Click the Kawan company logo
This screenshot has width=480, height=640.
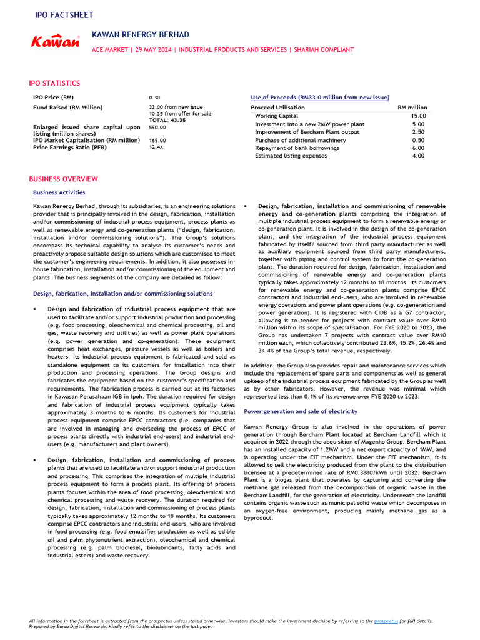coord(56,42)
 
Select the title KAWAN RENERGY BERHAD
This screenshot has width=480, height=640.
coord(140,34)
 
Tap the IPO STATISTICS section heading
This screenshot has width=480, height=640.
coord(54,82)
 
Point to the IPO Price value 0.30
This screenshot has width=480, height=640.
coord(154,98)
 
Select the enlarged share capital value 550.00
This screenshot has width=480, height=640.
coord(157,127)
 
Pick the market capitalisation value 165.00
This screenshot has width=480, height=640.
coord(157,141)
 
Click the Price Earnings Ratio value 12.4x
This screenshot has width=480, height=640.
coord(156,147)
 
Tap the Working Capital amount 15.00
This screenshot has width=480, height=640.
coord(419,116)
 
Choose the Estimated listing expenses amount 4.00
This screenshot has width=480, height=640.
coord(419,156)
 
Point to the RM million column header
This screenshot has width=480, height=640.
coord(412,107)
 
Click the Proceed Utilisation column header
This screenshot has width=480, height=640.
coord(277,107)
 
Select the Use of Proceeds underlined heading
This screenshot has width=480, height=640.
coord(319,97)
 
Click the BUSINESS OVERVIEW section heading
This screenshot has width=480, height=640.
coord(63,179)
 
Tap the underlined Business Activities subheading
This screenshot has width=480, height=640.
coord(59,192)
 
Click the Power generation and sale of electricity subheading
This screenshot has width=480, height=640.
coord(301,412)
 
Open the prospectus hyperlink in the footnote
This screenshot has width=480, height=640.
coord(385,621)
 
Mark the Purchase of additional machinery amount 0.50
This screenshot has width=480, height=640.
coord(419,140)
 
